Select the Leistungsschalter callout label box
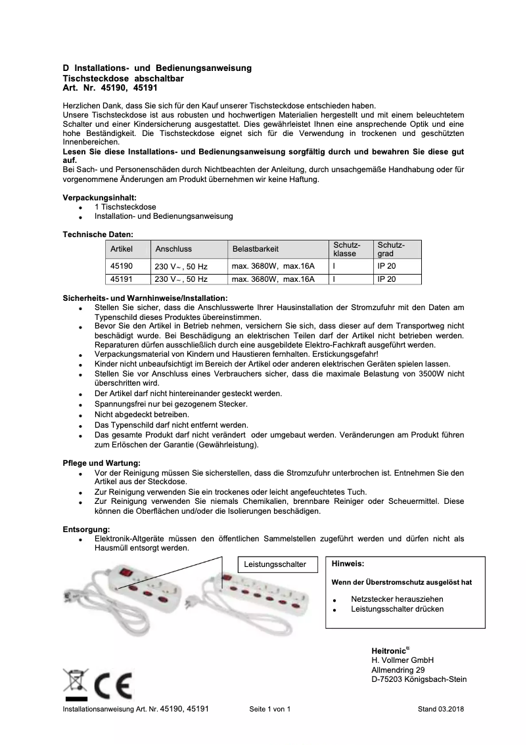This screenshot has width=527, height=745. [x=275, y=564]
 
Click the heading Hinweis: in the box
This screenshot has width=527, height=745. [x=348, y=564]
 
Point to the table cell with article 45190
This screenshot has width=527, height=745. [x=122, y=267]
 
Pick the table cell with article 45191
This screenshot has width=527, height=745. [x=122, y=279]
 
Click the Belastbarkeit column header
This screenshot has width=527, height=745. [x=256, y=249]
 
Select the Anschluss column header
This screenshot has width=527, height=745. [x=173, y=249]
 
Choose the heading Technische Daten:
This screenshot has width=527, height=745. [x=98, y=234]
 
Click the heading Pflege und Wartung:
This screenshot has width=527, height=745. [x=101, y=463]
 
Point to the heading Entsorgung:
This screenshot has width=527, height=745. [x=86, y=529]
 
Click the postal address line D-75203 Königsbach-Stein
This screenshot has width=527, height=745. [x=419, y=679]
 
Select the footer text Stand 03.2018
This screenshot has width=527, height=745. [x=441, y=710]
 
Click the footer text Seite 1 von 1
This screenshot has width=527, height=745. [x=270, y=710]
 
